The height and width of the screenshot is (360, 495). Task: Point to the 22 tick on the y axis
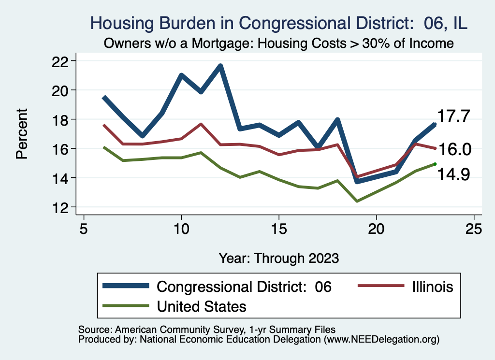[x=62, y=61]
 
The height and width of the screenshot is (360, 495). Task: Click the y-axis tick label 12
[x=62, y=207]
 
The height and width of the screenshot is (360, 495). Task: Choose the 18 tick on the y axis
[x=62, y=119]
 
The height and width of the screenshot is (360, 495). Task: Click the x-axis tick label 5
[x=84, y=229]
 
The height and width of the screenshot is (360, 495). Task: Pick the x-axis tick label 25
[x=474, y=229]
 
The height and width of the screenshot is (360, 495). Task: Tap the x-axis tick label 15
[x=278, y=229]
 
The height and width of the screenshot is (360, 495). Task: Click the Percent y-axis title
[x=21, y=134]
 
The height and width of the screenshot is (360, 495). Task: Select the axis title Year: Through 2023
[x=278, y=258]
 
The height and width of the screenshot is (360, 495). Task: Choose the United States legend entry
[x=201, y=306]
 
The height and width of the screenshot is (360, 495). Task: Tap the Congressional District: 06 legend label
[x=245, y=287]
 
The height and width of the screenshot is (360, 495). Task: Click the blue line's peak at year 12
[x=220, y=66]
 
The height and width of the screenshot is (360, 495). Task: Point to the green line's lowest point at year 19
[x=357, y=201]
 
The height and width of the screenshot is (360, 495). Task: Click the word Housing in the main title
[x=119, y=23]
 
